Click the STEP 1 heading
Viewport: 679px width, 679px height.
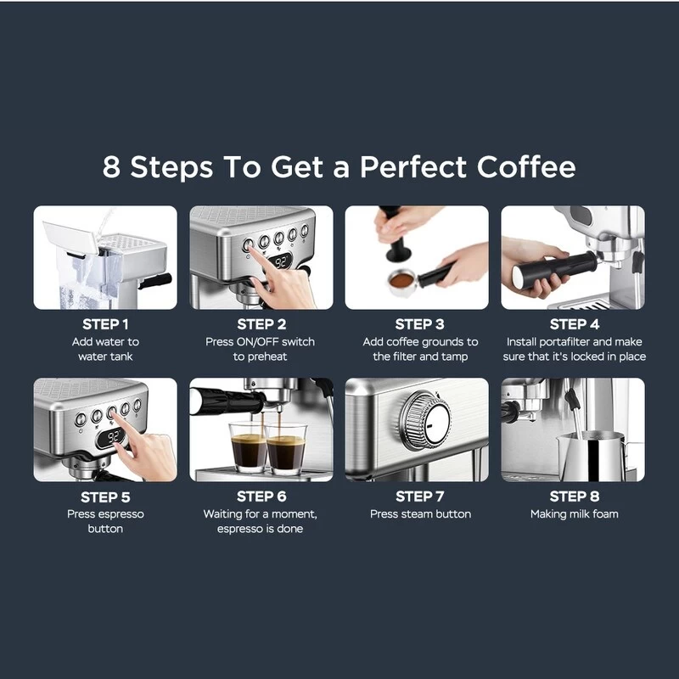tap(105, 324)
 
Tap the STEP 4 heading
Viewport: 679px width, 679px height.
tap(575, 324)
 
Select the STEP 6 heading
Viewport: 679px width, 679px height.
tap(261, 497)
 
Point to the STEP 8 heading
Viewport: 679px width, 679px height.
tap(575, 497)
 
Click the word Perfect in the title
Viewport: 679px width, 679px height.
tap(413, 166)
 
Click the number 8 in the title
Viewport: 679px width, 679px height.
tap(111, 166)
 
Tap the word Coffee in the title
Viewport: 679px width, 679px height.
tap(526, 166)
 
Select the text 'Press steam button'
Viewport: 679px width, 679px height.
tap(420, 514)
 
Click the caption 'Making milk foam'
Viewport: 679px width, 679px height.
tap(575, 514)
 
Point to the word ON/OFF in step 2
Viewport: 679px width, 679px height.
tap(258, 342)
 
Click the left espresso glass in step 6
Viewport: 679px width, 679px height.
tap(249, 447)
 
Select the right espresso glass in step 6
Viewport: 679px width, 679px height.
tap(285, 450)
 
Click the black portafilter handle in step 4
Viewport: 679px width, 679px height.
tap(555, 267)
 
